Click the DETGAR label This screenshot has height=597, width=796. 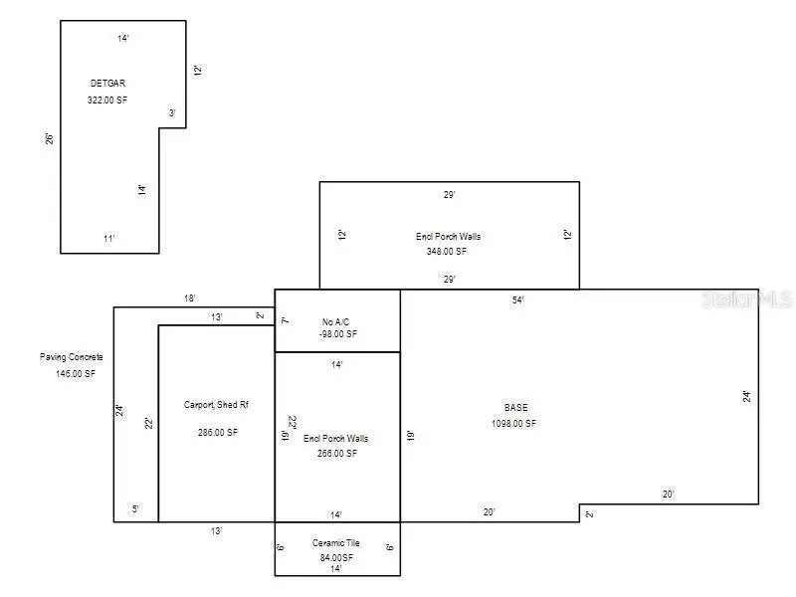click(107, 84)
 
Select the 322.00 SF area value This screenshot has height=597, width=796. click(107, 100)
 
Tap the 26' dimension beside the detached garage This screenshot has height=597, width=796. click(49, 138)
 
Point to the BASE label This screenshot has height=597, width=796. click(516, 408)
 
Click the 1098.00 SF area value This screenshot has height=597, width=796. click(513, 424)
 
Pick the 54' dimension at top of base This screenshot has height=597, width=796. click(518, 299)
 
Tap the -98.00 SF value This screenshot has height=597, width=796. click(337, 334)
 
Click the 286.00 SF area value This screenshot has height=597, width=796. click(218, 432)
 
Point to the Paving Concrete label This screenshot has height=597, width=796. click(72, 357)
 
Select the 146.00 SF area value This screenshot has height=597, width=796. click(76, 374)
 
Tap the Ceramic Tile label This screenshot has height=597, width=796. click(337, 544)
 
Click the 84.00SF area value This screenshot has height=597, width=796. click(337, 557)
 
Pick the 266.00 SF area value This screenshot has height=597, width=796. click(337, 453)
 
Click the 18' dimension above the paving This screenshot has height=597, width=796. click(189, 298)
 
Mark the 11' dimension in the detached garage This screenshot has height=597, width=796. click(109, 239)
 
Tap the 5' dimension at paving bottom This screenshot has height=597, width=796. click(135, 509)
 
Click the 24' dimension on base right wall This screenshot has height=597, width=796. click(746, 396)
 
